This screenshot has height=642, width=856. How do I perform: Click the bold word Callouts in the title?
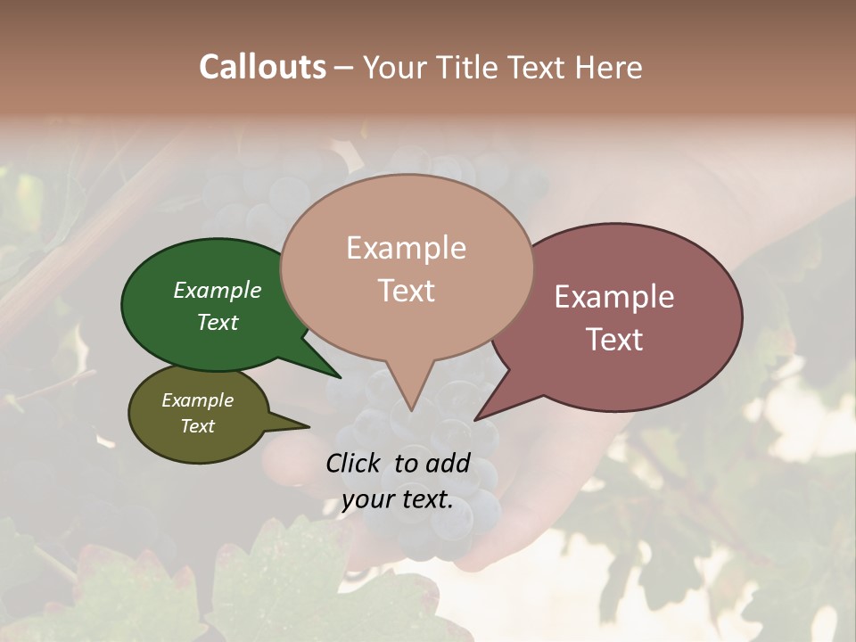(262, 67)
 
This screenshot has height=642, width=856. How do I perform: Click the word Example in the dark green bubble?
(217, 290)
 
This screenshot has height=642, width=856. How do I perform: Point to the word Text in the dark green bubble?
(217, 322)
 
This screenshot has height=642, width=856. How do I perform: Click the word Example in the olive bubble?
(197, 400)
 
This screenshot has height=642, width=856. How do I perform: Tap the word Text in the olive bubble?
(197, 426)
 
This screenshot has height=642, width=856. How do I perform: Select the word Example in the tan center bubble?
(406, 248)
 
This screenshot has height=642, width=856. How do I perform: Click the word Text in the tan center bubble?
(406, 291)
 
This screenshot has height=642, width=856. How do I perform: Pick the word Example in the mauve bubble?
(614, 297)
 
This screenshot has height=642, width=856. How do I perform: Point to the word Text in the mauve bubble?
(614, 340)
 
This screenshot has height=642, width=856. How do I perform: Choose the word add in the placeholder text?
(448, 463)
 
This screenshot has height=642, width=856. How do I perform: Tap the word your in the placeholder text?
(368, 499)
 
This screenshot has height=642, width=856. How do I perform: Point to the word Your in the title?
(395, 67)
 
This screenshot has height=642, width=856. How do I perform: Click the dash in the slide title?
(344, 68)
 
